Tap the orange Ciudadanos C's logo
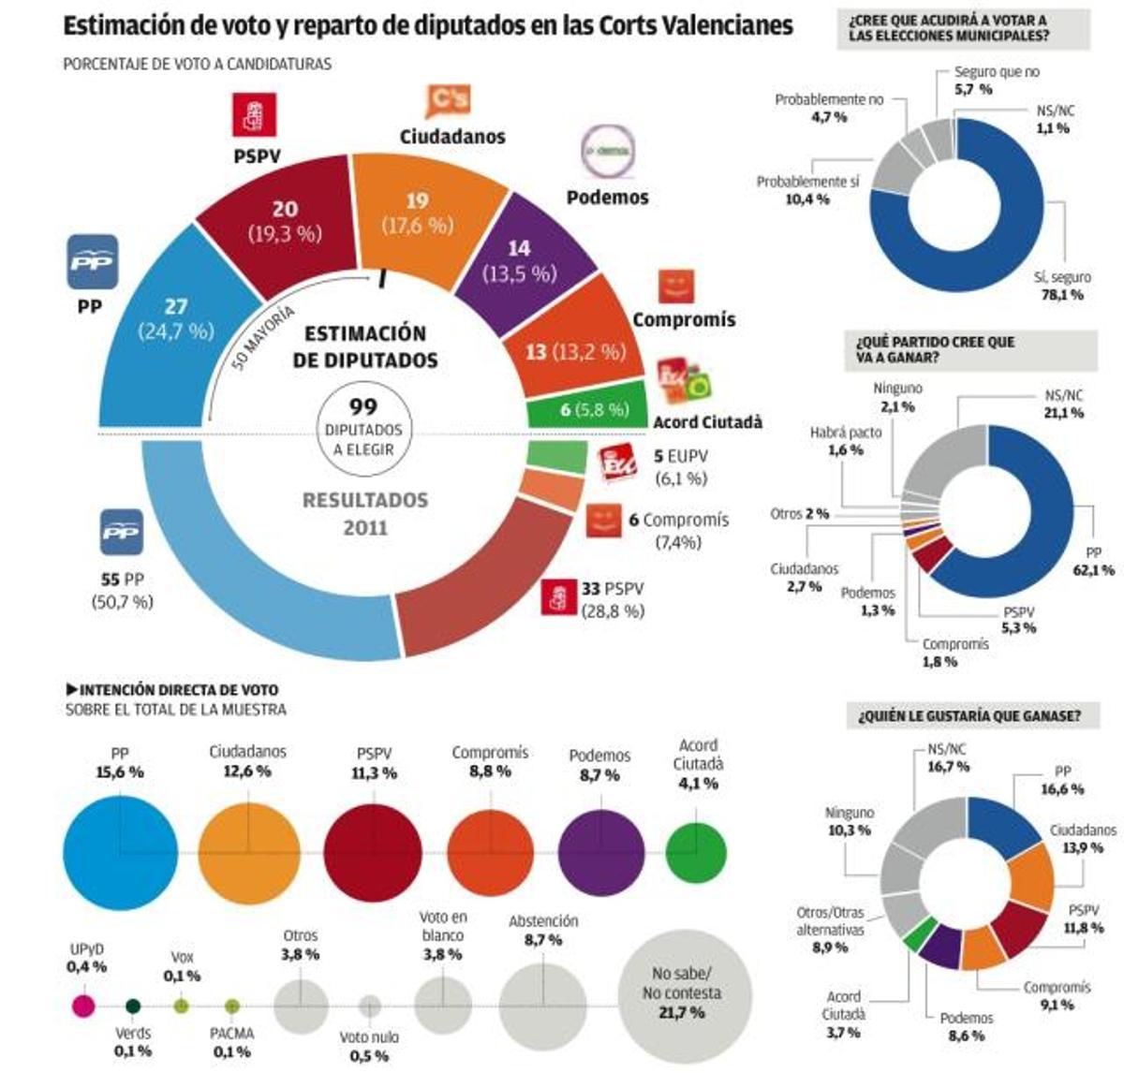pos(448,100)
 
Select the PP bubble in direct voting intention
pos(120,850)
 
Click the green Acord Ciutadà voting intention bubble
pos(696,852)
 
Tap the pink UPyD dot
pos(83,1007)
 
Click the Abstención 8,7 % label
pos(543,930)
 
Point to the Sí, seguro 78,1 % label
pos(1062,286)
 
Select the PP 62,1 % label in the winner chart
pos(1093,561)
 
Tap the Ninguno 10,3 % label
pos(849,821)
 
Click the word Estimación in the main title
pos(124,25)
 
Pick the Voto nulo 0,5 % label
pos(368,1046)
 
